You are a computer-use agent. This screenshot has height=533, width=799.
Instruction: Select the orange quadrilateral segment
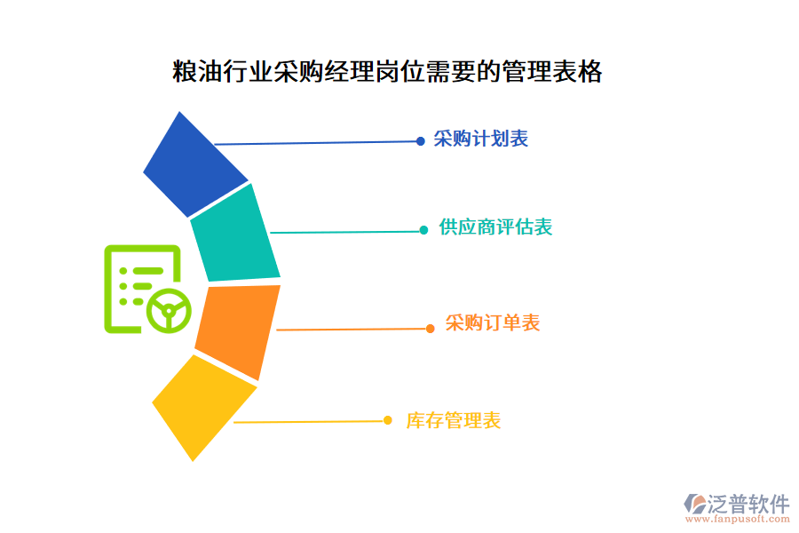tap(237, 330)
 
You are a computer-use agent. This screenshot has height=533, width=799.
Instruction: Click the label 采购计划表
tap(480, 139)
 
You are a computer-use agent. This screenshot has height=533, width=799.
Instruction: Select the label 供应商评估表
tap(495, 228)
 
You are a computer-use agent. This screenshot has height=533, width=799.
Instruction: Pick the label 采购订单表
tap(493, 323)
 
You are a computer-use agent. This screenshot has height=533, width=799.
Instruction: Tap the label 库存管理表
tap(453, 421)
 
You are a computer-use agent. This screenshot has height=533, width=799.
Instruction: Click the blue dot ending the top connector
tap(421, 140)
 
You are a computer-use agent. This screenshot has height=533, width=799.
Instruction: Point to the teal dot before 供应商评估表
tap(424, 230)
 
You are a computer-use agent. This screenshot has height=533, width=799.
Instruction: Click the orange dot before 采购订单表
tap(431, 329)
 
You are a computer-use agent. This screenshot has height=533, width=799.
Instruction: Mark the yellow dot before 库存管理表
tap(388, 420)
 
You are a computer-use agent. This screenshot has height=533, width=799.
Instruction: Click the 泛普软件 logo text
tap(748, 504)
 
